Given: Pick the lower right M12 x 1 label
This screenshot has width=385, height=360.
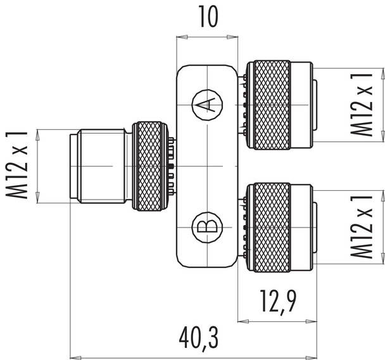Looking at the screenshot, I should (x=362, y=226).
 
